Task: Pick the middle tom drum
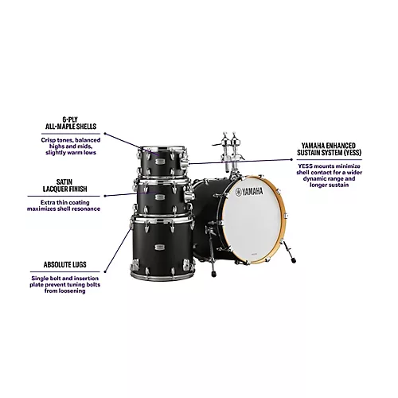click(163, 198)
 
